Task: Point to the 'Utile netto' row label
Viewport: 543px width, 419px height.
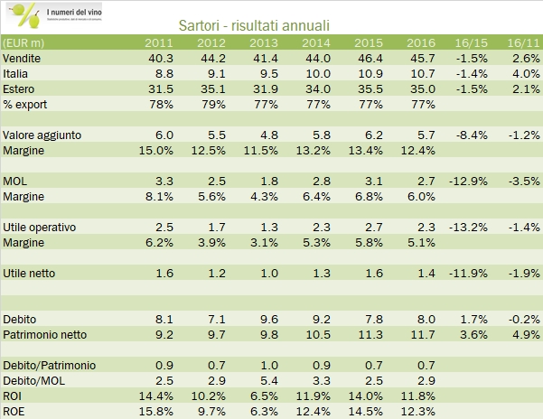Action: (x=32, y=272)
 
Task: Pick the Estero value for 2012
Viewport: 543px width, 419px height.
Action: (x=211, y=88)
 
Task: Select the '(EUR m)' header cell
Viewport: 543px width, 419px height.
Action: (x=26, y=42)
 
